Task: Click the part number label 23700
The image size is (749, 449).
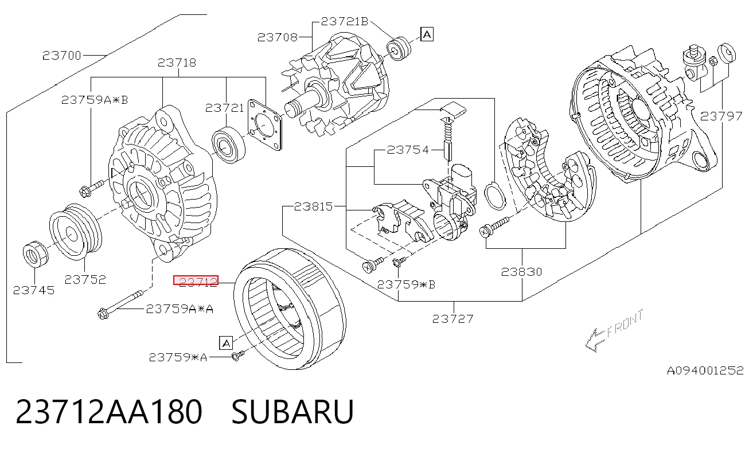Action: [x=62, y=56]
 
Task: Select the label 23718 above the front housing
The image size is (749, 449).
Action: [x=177, y=63]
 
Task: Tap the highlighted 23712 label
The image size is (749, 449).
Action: [x=196, y=280]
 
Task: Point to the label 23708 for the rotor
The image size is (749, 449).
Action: [x=277, y=37]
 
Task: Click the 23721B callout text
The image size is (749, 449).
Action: [x=345, y=21]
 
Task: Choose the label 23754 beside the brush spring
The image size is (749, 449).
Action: [x=408, y=150]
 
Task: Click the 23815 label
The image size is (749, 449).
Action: [x=313, y=206]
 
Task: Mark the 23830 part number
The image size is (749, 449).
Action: [x=522, y=272]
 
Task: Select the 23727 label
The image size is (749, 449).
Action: [x=453, y=319]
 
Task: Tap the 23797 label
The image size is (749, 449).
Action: [x=721, y=116]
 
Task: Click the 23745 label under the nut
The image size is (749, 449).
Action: [x=34, y=290]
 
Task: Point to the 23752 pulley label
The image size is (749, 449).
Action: [x=85, y=279]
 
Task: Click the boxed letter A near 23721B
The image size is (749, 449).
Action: [x=427, y=34]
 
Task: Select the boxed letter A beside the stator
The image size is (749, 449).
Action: [x=226, y=343]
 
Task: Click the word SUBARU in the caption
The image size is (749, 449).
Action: [x=292, y=412]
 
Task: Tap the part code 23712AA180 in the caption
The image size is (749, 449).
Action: [x=109, y=412]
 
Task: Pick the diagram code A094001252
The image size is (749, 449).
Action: [x=705, y=370]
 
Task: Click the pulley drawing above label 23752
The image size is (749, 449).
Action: [x=76, y=231]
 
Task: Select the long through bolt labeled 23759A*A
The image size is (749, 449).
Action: [x=120, y=304]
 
